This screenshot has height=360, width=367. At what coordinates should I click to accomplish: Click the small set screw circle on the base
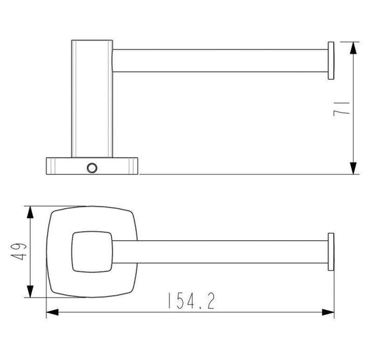(92, 167)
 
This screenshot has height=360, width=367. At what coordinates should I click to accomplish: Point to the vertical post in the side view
(92, 98)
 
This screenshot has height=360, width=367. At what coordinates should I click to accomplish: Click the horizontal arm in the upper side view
(220, 61)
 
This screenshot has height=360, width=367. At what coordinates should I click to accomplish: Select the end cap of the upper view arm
(331, 61)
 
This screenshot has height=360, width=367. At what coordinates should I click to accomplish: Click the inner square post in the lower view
(92, 251)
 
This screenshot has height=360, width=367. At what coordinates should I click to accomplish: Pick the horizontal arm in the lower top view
(220, 251)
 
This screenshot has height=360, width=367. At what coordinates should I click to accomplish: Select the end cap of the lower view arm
(331, 251)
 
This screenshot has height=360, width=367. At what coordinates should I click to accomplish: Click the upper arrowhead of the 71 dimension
(353, 48)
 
